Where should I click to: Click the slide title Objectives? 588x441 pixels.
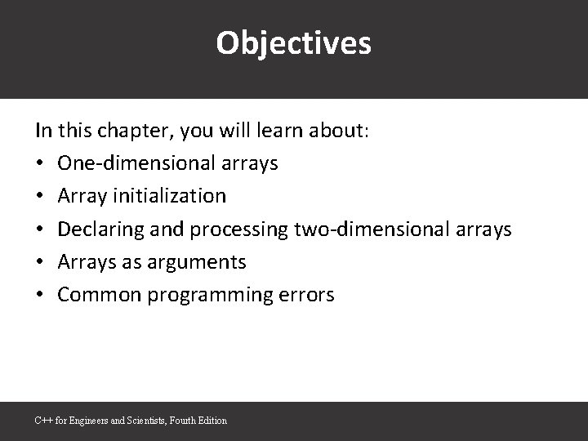pyautogui.click(x=293, y=43)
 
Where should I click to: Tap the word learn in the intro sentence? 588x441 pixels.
pyautogui.click(x=272, y=131)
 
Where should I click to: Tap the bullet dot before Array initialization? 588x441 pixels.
pyautogui.click(x=40, y=197)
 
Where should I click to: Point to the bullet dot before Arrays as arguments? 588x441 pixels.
pyautogui.click(x=40, y=263)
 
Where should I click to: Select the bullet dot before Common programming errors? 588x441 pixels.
pyautogui.click(x=40, y=296)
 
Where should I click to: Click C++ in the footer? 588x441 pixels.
pyautogui.click(x=42, y=421)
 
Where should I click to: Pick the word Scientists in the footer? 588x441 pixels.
pyautogui.click(x=145, y=421)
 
